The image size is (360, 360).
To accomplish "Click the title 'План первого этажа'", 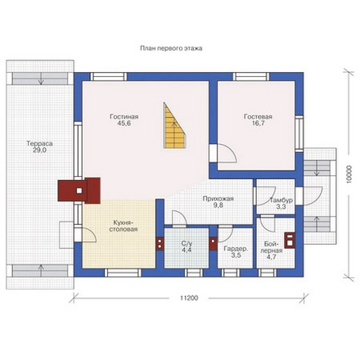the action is (171, 48).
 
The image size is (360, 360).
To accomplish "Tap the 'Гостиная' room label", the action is (124, 117).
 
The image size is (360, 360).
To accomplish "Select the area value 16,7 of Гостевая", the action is (258, 124).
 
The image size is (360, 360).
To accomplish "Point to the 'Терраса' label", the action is (39, 143).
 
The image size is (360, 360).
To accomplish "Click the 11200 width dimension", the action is (189, 298).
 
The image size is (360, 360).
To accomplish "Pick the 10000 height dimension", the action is (351, 174).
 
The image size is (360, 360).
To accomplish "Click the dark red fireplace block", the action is (79, 190).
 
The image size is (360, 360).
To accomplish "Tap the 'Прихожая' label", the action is (218, 199).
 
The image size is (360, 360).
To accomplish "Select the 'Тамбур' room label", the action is (281, 200).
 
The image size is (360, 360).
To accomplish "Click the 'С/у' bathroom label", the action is (187, 244).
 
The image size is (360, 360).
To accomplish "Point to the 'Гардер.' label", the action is (236, 249).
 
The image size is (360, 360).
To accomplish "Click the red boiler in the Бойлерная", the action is (290, 240).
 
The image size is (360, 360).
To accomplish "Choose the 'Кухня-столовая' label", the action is (124, 226).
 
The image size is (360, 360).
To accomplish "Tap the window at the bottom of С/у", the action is (194, 272).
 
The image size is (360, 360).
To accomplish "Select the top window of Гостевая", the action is (251, 77).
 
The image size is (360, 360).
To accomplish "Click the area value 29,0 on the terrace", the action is (39, 151).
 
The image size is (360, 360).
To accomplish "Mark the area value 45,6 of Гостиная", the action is (124, 124).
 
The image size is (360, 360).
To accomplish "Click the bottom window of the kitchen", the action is (123, 272).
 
